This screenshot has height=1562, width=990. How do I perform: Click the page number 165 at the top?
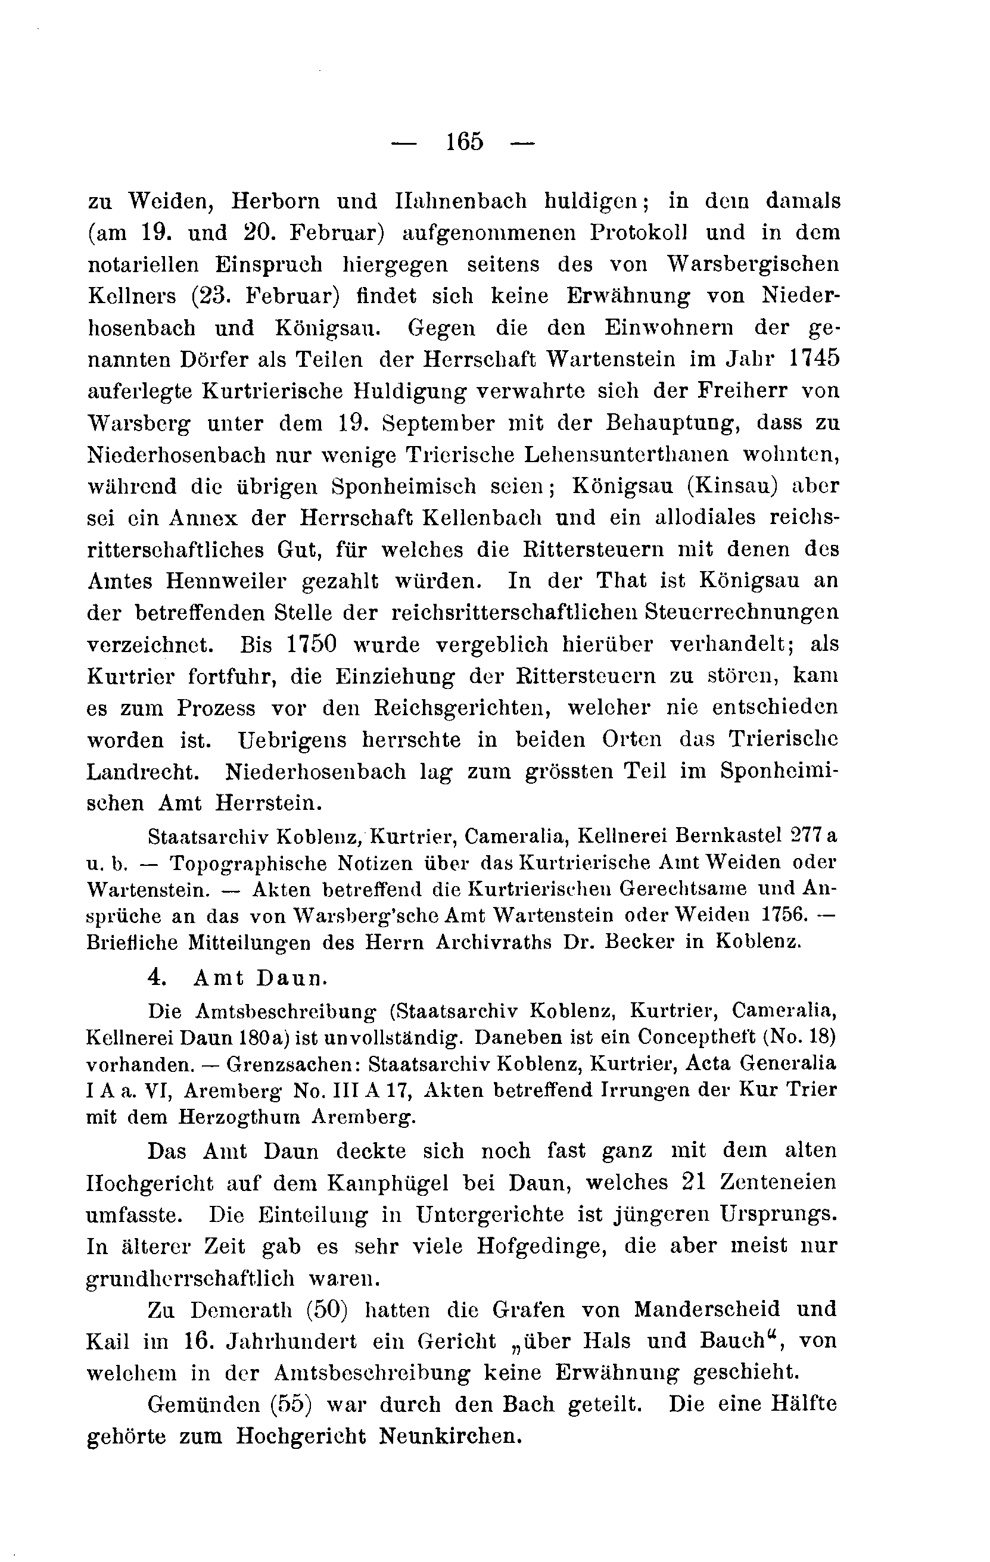(x=465, y=141)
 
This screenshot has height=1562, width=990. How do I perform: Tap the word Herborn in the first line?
(x=276, y=201)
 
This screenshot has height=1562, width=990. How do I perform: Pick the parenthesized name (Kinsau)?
(x=733, y=487)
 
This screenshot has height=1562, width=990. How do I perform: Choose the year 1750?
(x=312, y=645)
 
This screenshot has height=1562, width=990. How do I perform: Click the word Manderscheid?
(x=706, y=1310)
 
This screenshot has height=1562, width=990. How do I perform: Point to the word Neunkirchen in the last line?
(x=450, y=1436)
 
